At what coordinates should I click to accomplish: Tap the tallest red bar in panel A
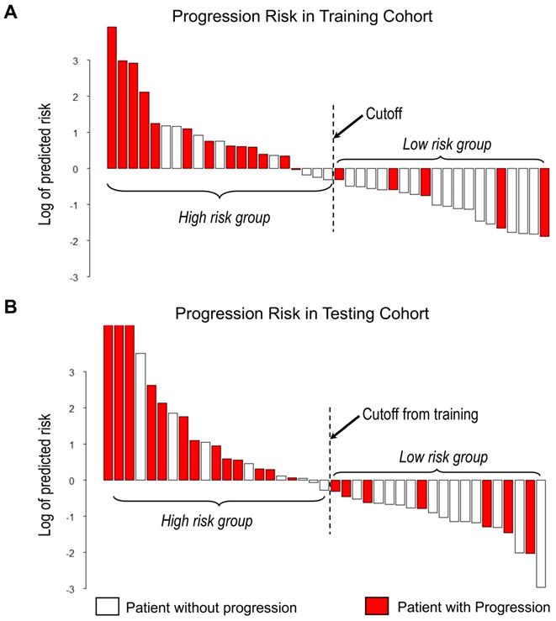click(x=112, y=97)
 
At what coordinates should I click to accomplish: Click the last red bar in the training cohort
click(x=544, y=203)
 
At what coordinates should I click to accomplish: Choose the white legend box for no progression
click(x=108, y=606)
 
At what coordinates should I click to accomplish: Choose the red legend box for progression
click(x=377, y=606)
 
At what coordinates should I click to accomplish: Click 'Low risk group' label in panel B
click(x=442, y=458)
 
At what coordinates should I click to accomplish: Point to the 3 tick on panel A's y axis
click(x=76, y=61)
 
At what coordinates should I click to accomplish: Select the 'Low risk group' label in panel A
click(x=447, y=145)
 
